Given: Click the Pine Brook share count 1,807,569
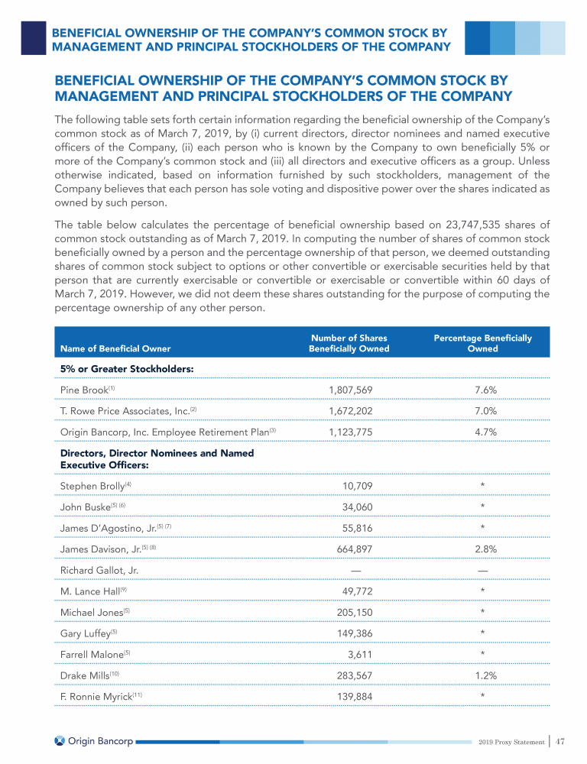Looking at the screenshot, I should point(351,390).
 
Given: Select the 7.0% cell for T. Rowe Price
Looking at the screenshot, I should point(486,410).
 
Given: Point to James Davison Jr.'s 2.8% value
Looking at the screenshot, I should point(486,548).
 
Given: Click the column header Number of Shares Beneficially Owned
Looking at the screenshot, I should point(349,343).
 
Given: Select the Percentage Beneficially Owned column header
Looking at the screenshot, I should point(482,343).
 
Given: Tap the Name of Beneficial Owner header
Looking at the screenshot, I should point(115,348).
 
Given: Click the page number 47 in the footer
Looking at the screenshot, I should point(560,741).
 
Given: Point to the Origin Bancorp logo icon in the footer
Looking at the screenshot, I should point(60,741).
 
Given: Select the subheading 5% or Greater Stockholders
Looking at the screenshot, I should point(126,369).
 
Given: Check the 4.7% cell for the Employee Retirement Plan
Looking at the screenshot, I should point(486,432).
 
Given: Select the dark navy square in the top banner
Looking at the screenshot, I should point(33,37).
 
